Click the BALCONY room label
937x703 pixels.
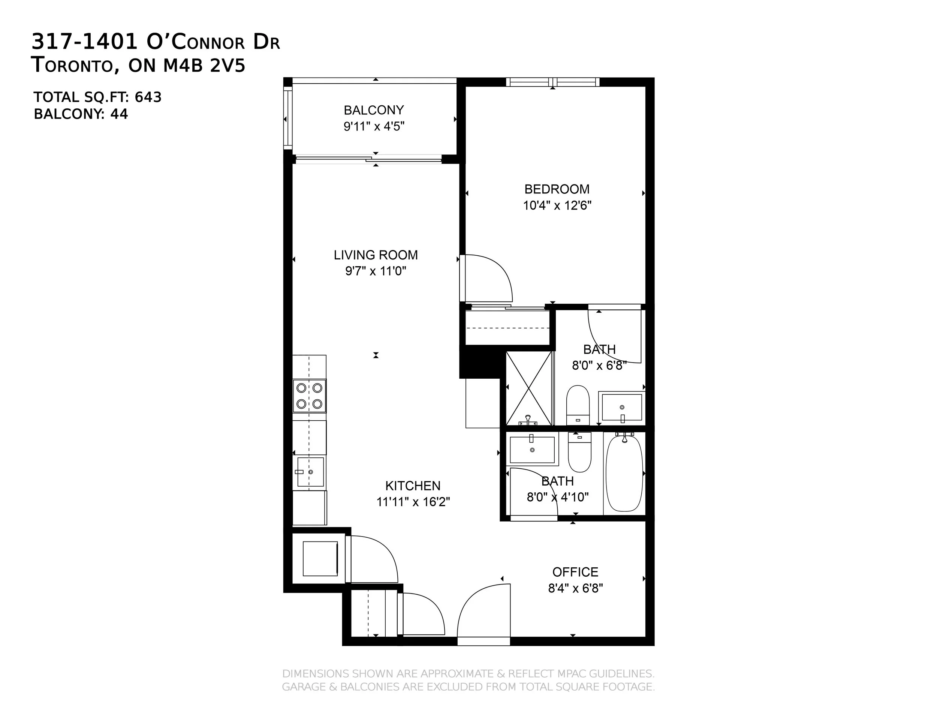[374, 110]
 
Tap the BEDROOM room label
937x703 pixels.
[557, 189]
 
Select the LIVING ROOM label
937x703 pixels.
[376, 255]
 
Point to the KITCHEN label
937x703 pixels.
[413, 486]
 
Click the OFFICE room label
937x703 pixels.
[575, 572]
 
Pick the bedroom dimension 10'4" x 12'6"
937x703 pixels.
[557, 205]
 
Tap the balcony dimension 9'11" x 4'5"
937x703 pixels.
[374, 126]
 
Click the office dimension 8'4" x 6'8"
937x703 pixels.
[575, 588]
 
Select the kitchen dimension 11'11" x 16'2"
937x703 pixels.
[413, 502]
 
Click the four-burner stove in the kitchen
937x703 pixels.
[309, 396]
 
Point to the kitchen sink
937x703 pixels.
[310, 472]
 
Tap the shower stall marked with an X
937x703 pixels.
[529, 388]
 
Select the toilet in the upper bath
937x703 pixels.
[578, 405]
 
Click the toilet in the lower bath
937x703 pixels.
[579, 452]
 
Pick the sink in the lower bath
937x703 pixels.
[532, 450]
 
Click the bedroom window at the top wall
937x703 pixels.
[552, 82]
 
